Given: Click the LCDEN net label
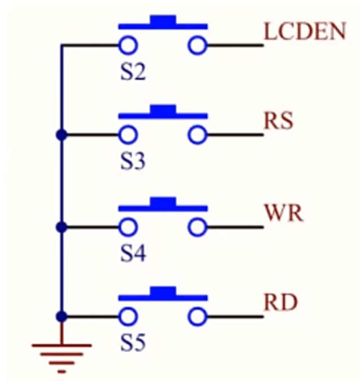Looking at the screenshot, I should pyautogui.click(x=304, y=32).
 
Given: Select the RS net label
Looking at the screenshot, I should pyautogui.click(x=278, y=122).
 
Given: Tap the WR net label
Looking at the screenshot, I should pyautogui.click(x=284, y=214).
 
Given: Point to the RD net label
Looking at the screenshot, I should pyautogui.click(x=280, y=304).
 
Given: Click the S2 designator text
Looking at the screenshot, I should pyautogui.click(x=133, y=73).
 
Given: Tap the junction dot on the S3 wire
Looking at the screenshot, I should pyautogui.click(x=62, y=135).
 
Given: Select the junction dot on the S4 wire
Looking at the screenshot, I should pyautogui.click(x=62, y=227).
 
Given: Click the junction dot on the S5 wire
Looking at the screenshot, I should pyautogui.click(x=62, y=317).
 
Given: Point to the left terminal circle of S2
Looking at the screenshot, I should pyautogui.click(x=128, y=45).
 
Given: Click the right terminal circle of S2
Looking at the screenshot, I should pyautogui.click(x=197, y=45).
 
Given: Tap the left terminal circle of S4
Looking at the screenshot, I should pyautogui.click(x=128, y=227).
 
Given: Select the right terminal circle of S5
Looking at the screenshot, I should pyautogui.click(x=197, y=317).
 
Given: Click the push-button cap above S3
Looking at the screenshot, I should pyautogui.click(x=163, y=110).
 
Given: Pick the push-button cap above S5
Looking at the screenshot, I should pyautogui.click(x=163, y=292).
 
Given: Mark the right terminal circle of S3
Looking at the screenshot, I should pyautogui.click(x=197, y=135).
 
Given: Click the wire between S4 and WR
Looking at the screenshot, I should pyautogui.click(x=234, y=227).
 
